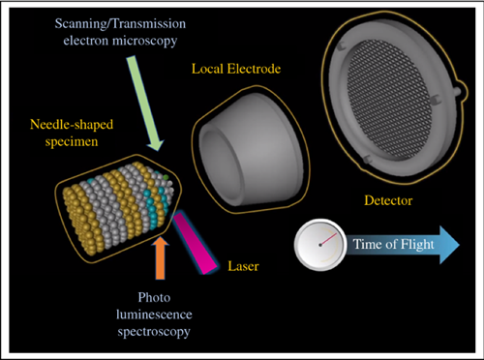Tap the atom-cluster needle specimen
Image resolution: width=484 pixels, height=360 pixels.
(116, 208)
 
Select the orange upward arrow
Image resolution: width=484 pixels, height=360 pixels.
(160, 254)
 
